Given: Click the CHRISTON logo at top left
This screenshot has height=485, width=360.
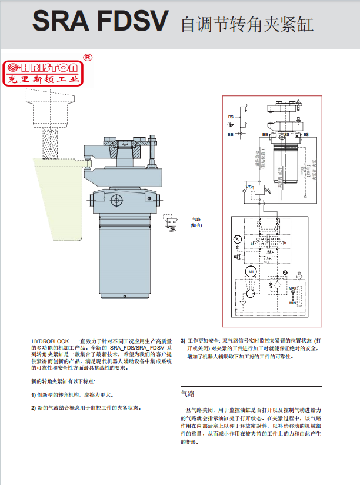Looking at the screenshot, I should pos(45,73).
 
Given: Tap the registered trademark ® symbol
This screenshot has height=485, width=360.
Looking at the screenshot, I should pos(88,58).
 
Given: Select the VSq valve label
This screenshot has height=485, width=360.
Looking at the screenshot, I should pos(250,187).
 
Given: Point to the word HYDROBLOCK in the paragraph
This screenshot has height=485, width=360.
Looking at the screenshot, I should pos(50,341).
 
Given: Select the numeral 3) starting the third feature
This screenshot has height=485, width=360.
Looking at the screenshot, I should pos(183,341).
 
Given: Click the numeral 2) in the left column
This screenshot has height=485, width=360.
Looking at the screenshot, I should pos(34,407).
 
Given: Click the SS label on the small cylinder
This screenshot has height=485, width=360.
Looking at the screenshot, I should pos(286,134).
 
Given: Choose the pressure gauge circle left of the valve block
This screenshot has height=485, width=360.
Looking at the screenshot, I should pos(236,238).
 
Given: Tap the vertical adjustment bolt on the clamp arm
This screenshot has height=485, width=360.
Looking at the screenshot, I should pos(152,150).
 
